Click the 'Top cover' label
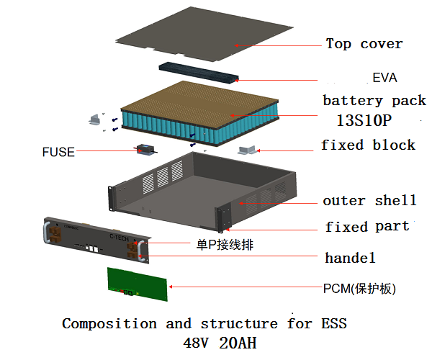[364, 44]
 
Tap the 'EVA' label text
[385, 78]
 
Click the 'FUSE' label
[58, 152]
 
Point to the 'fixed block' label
[368, 145]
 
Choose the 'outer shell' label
[369, 200]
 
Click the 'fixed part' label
[366, 227]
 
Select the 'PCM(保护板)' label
[359, 289]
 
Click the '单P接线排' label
[224, 245]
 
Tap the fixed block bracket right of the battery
[247, 150]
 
